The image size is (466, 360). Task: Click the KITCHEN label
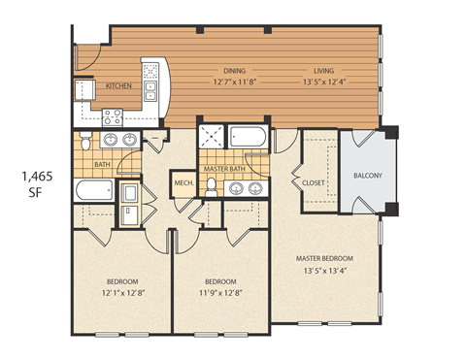click(118, 86)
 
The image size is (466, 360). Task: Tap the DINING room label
click(235, 71)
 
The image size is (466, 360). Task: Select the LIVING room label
click(323, 71)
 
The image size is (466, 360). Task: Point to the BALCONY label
click(367, 176)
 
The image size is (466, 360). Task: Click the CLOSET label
click(314, 181)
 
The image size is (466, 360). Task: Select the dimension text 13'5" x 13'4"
click(325, 271)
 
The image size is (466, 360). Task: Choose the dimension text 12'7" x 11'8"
click(235, 82)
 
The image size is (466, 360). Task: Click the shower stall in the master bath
click(211, 138)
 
